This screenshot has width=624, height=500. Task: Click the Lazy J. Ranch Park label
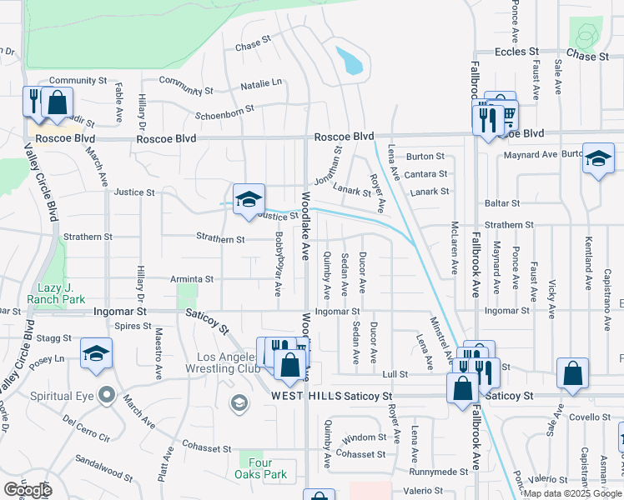56,292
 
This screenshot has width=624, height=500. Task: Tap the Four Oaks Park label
263,468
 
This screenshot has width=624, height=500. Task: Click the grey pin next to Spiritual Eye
105,394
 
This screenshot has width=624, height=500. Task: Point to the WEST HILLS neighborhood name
305,397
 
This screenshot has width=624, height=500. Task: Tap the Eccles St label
521,52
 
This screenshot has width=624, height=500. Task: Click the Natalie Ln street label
261,83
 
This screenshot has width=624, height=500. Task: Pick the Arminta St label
193,279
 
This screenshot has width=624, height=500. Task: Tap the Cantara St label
426,174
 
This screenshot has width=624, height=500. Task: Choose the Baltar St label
502,202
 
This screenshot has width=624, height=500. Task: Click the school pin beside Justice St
249,200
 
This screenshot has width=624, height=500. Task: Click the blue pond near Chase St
350,60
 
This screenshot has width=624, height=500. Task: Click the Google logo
28,490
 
